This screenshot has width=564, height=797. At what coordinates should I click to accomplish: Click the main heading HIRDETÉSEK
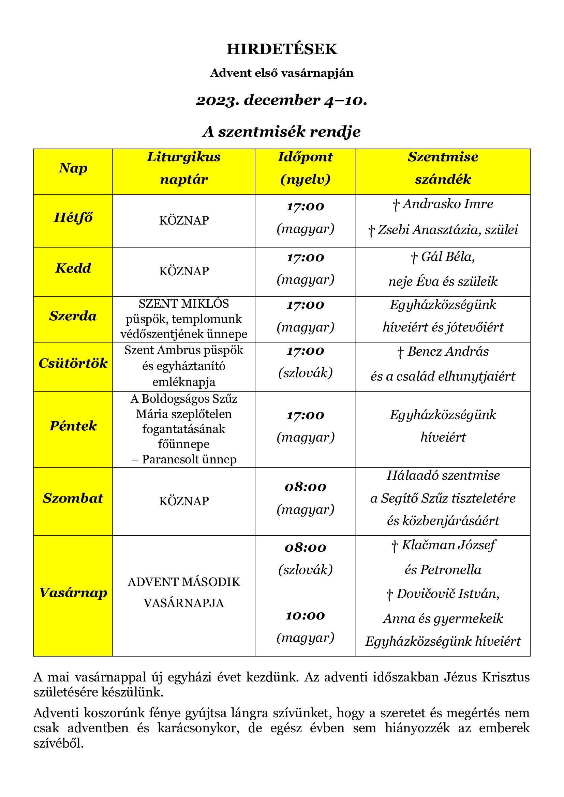[x=282, y=49]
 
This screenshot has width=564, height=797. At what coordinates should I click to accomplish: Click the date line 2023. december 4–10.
[x=282, y=100]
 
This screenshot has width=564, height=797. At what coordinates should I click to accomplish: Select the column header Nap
[x=73, y=168]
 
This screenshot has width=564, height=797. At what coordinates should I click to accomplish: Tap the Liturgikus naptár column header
[x=184, y=168]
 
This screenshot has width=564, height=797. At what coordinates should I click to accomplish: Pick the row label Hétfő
[x=73, y=218]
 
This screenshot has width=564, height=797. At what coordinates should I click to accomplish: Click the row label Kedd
[x=73, y=268]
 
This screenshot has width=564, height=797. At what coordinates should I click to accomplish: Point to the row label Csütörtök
[x=73, y=364]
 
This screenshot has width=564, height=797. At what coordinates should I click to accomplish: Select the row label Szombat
[x=73, y=499]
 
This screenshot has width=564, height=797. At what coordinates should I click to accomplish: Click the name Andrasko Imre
[x=448, y=204]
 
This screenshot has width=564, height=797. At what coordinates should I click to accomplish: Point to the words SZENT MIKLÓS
[x=184, y=304]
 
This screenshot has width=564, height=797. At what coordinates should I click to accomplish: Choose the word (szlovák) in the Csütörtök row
[x=305, y=373]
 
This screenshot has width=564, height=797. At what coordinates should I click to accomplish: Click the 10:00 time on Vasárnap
[x=305, y=616]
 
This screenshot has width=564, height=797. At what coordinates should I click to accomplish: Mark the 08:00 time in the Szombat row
[x=305, y=487]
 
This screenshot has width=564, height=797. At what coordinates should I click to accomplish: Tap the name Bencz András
[x=448, y=352]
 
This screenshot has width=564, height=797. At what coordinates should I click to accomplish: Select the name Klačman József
[x=448, y=545]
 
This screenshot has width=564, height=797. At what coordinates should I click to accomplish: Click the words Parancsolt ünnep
[x=189, y=460]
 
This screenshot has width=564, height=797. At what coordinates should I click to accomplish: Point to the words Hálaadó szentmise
[x=443, y=476]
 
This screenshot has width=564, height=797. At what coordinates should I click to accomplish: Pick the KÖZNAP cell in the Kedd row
[x=184, y=272]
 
